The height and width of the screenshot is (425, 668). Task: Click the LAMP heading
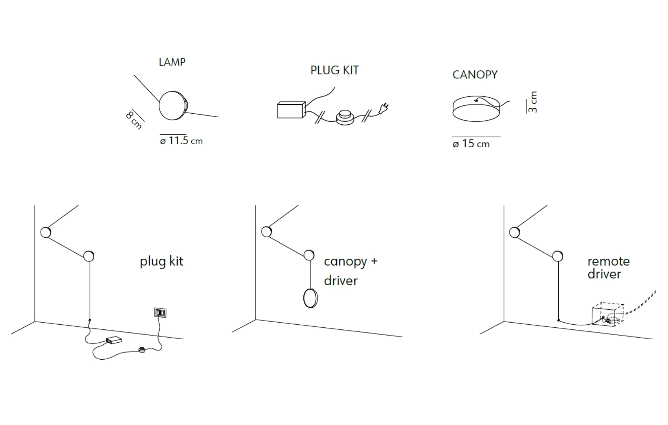[172, 62]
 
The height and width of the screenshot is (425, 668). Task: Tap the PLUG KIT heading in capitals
[334, 70]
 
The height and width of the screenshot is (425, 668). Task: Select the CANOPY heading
[475, 75]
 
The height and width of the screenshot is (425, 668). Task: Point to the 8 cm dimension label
[134, 120]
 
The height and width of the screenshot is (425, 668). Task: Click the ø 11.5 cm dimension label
[181, 140]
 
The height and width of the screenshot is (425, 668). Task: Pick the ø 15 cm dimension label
[471, 144]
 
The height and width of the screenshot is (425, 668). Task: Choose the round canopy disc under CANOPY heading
[476, 108]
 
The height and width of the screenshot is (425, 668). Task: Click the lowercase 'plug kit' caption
[161, 262]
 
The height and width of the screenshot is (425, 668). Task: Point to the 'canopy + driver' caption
[351, 271]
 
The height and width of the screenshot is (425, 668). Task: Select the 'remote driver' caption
[608, 268]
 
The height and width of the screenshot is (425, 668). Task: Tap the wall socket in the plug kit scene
[160, 313]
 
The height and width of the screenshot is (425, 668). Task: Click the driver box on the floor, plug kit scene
[114, 340]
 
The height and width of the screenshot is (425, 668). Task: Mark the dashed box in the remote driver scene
[608, 315]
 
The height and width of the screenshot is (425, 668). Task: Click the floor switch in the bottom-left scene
[141, 349]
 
